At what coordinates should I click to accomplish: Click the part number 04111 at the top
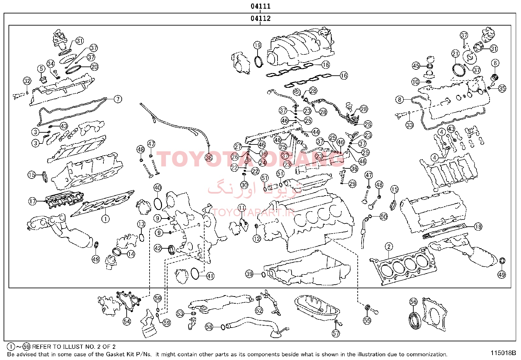coord(260,6)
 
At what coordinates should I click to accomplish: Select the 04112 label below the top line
coord(260,18)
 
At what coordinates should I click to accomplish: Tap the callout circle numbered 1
coord(105,218)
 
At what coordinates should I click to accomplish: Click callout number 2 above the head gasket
coord(389,247)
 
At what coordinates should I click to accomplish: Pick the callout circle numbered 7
coord(117,99)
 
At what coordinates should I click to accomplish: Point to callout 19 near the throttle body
coord(258,45)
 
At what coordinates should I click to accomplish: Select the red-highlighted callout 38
coord(209,158)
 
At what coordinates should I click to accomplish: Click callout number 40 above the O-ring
coord(157,188)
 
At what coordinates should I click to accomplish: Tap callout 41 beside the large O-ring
coord(210,276)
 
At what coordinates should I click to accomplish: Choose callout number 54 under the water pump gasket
coord(127,321)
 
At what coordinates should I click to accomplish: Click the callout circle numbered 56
coord(414,302)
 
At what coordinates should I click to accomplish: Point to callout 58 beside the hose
coord(209,327)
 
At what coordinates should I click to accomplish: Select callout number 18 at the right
coord(478,226)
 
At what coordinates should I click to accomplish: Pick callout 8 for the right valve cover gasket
coord(400,99)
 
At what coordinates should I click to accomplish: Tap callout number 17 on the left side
coord(32,201)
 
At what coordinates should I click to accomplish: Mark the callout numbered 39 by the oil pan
coord(249,274)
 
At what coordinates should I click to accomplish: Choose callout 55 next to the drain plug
coord(367,320)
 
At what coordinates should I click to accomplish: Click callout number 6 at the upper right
coord(495,63)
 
